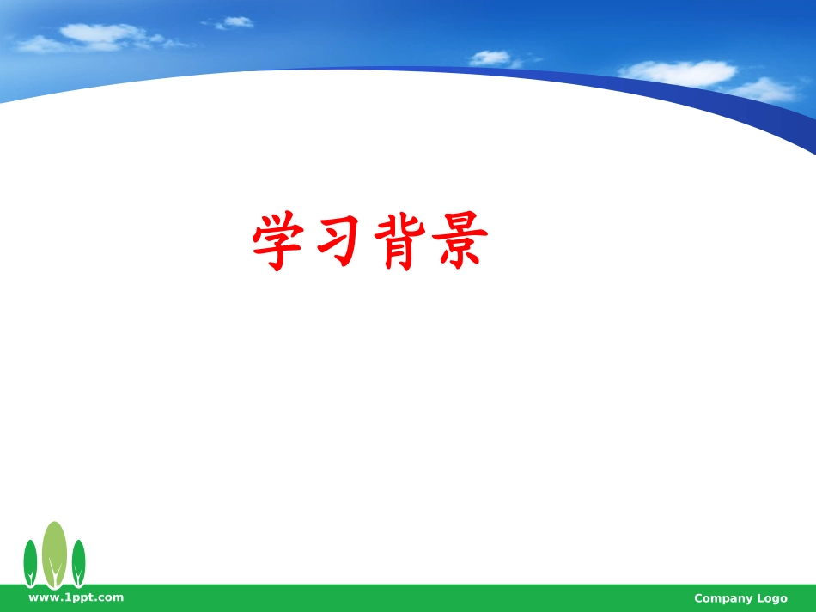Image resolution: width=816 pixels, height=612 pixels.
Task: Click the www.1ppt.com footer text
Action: (76, 597)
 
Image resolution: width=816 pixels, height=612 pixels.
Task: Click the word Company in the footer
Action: (723, 598)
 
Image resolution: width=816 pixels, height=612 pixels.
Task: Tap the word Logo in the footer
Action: (771, 598)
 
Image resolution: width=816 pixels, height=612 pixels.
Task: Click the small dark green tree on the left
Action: (30, 558)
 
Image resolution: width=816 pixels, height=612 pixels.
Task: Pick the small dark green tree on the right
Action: (78, 558)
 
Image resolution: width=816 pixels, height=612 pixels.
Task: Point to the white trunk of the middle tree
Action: (55, 575)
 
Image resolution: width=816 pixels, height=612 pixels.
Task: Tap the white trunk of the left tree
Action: (30, 576)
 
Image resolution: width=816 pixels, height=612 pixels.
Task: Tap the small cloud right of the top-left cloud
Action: (235, 22)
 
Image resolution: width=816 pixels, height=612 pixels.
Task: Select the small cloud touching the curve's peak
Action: (491, 58)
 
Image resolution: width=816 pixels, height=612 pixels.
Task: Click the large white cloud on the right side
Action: (679, 72)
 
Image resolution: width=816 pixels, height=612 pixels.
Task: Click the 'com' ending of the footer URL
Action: (111, 597)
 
